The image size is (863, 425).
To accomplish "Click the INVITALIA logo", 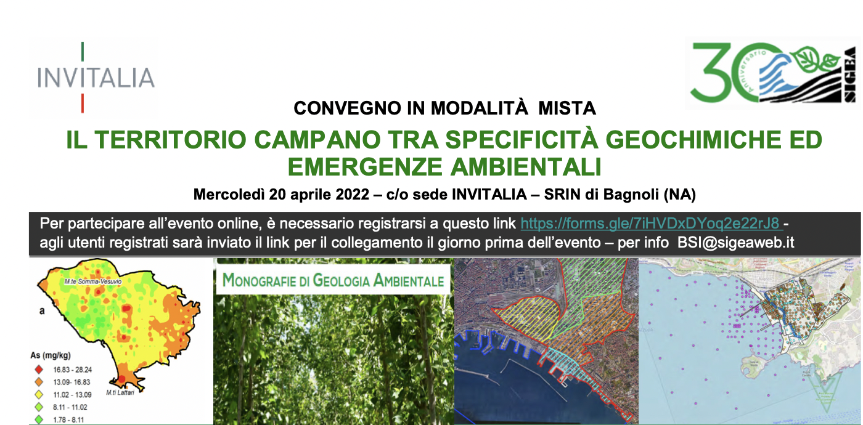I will pos(96,78).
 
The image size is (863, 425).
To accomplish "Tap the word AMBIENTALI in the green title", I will pos(536,166).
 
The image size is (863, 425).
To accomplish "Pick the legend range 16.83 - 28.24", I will pos(69,370).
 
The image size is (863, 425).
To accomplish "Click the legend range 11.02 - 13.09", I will pos(69,395).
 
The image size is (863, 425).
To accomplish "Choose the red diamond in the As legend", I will pos(39,370).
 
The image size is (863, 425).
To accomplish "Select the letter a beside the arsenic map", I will pos(42,312).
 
